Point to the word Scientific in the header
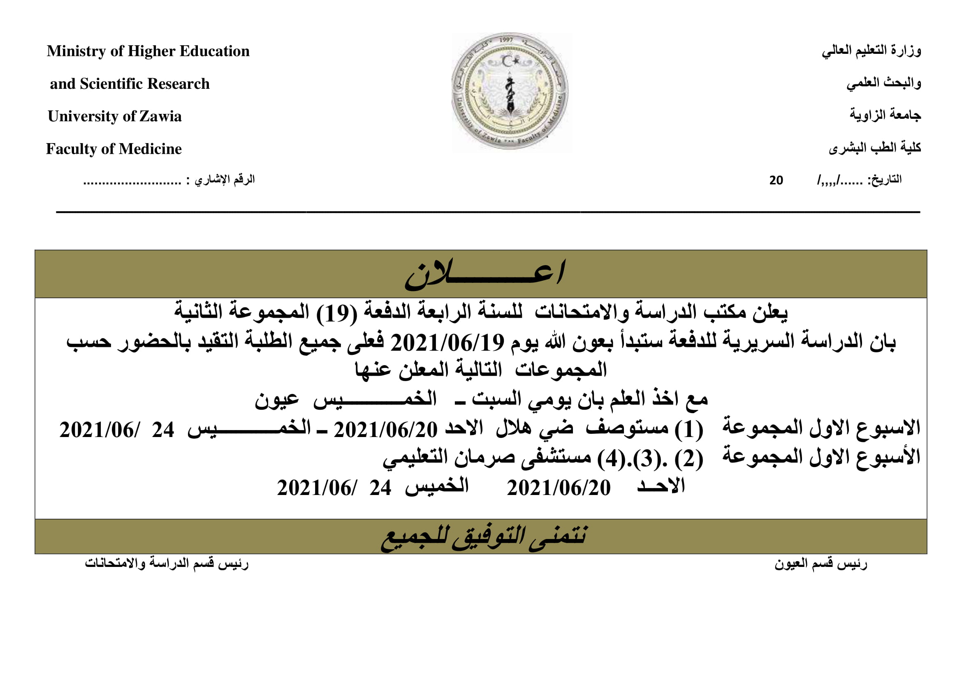pyautogui.click(x=111, y=84)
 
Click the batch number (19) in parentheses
pyautogui.click(x=336, y=313)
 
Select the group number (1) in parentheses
pyautogui.click(x=688, y=430)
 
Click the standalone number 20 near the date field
pyautogui.click(x=776, y=180)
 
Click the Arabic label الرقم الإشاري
pyautogui.click(x=225, y=180)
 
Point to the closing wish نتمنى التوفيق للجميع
pyautogui.click(x=484, y=537)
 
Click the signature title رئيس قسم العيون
pyautogui.click(x=821, y=564)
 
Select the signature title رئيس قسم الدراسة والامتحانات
pyautogui.click(x=166, y=563)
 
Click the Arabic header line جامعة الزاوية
pyautogui.click(x=885, y=115)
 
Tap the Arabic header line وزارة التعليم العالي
pyautogui.click(x=871, y=51)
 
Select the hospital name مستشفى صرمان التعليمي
pyautogui.click(x=487, y=458)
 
